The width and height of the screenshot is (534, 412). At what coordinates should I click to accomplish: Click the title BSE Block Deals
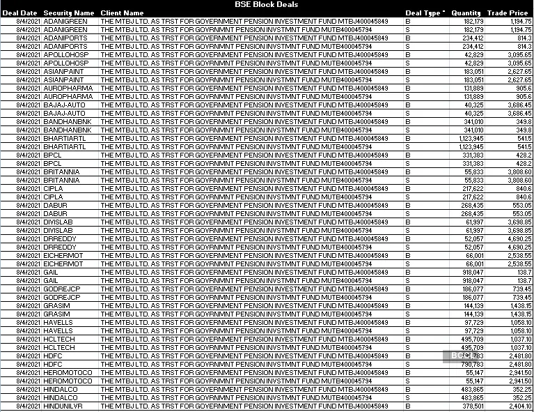tap(267, 4)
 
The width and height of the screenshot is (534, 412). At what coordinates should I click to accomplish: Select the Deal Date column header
tap(19, 13)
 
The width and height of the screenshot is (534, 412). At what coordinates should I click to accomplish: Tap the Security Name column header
tap(68, 13)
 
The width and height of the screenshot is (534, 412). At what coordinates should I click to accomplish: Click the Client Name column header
tap(122, 13)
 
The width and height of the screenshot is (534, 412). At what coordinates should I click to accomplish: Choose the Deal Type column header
tap(422, 13)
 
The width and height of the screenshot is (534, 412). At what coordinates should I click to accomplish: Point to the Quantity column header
tap(466, 13)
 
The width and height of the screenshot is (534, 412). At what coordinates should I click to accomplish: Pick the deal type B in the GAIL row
tap(408, 272)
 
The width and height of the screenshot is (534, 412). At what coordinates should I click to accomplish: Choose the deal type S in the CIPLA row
tap(408, 197)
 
